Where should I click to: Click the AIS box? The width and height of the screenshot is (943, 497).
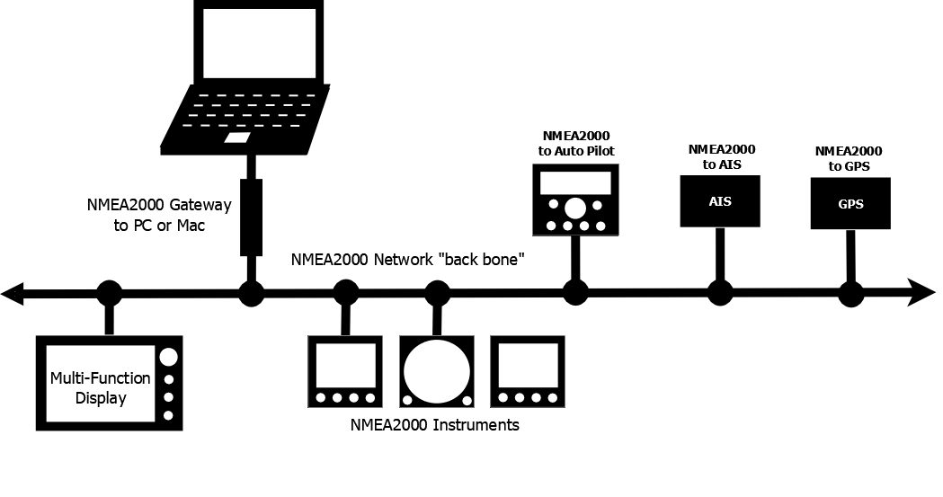(720, 200)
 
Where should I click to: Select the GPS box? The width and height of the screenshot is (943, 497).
(850, 203)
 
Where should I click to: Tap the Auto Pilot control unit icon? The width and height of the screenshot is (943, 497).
(574, 201)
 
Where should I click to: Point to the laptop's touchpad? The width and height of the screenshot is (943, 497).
(237, 138)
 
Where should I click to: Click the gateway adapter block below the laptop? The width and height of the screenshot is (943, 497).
(251, 217)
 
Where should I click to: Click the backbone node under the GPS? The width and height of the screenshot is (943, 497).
(850, 293)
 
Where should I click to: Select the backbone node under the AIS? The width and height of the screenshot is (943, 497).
(719, 293)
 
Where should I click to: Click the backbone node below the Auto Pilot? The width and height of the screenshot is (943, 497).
(575, 293)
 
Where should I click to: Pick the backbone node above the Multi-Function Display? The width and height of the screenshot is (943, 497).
(109, 293)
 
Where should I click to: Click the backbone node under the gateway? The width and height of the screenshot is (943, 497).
(251, 293)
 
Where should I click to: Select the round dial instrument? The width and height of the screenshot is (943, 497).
(437, 371)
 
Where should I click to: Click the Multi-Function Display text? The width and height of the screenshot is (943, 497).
(100, 387)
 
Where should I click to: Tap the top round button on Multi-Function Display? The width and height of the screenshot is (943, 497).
(168, 357)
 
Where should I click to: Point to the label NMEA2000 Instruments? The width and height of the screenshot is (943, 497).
(434, 425)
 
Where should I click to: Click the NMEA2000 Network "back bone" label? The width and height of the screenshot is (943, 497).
(407, 260)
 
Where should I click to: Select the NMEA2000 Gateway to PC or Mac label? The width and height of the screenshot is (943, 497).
(159, 215)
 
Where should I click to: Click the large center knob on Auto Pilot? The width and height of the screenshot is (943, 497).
(574, 209)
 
